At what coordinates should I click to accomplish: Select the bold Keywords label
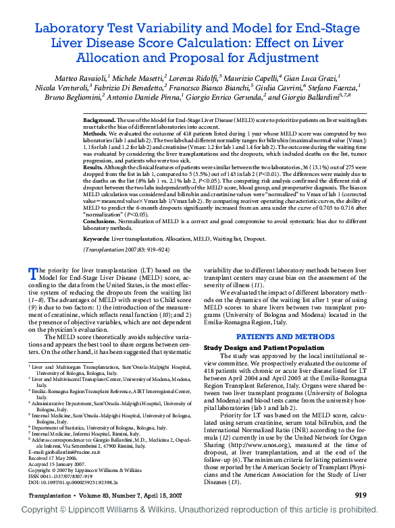coord(97,239)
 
